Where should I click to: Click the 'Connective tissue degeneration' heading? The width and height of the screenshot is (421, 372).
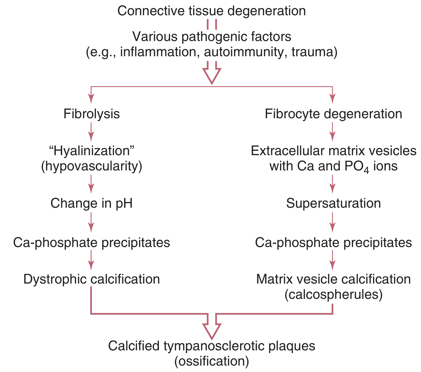pyautogui.click(x=211, y=11)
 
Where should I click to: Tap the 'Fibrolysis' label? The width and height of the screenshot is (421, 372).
pyautogui.click(x=92, y=114)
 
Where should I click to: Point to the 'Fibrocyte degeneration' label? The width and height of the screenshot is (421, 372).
pyautogui.click(x=333, y=114)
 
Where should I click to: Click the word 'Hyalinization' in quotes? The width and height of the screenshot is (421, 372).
pyautogui.click(x=92, y=151)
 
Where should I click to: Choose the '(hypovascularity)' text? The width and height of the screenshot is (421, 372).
pyautogui.click(x=92, y=166)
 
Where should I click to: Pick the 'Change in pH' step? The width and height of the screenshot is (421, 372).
pyautogui.click(x=91, y=203)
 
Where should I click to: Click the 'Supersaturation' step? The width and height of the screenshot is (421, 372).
pyautogui.click(x=333, y=203)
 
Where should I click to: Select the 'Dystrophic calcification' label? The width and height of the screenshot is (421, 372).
pyautogui.click(x=92, y=279)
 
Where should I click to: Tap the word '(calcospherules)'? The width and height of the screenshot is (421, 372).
pyautogui.click(x=333, y=294)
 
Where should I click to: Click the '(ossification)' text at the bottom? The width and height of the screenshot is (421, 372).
pyautogui.click(x=212, y=361)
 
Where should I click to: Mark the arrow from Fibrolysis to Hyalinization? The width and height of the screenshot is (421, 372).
pyautogui.click(x=91, y=131)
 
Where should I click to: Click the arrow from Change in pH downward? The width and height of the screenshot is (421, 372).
pyautogui.click(x=91, y=222)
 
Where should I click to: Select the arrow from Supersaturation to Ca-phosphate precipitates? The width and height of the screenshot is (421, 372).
pyautogui.click(x=333, y=222)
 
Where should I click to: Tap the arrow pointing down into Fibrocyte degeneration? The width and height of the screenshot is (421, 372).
pyautogui.click(x=333, y=95)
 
